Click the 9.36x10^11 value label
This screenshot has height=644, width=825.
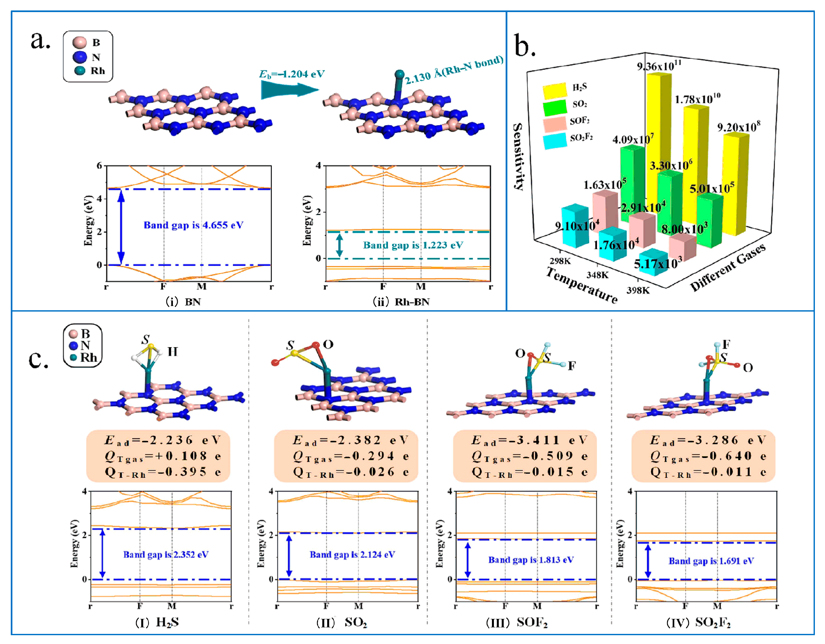[x=659, y=66]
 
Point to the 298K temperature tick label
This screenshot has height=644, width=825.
[x=560, y=261]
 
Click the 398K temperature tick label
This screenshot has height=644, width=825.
[x=638, y=290]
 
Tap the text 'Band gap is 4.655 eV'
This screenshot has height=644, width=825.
[x=193, y=225]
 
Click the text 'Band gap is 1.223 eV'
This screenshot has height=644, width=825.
[x=413, y=245]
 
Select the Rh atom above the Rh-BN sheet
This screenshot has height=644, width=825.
[x=399, y=74]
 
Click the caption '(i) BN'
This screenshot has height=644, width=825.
[x=183, y=302]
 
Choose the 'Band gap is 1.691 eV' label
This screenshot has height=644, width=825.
[x=711, y=561]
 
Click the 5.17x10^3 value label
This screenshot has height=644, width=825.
[x=658, y=263]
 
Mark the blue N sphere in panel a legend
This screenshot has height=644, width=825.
[x=80, y=57]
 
